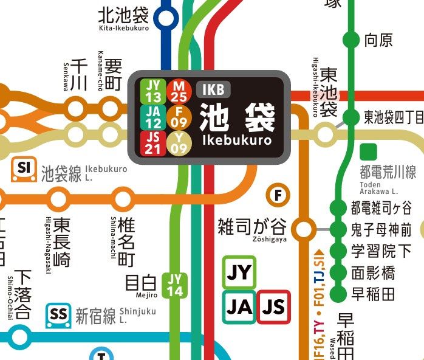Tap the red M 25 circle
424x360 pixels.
[180, 91]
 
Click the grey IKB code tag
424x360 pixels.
[213, 90]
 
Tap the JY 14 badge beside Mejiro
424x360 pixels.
[174, 285]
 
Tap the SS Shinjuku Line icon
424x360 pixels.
[59, 314]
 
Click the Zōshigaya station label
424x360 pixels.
[251, 229]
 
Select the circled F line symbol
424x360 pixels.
[278, 195]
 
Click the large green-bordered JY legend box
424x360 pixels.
[239, 272]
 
